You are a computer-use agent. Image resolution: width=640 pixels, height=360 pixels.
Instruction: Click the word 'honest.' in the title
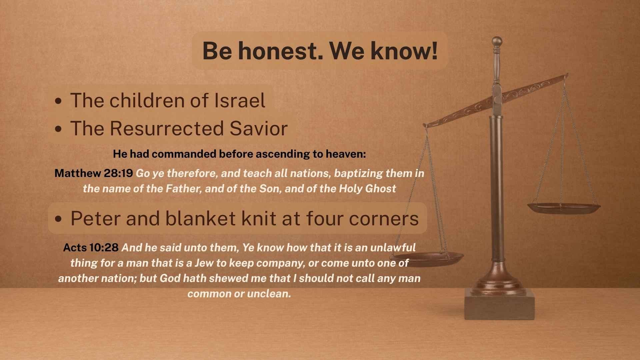280,51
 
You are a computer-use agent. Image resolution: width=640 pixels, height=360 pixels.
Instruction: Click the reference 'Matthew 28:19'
94,173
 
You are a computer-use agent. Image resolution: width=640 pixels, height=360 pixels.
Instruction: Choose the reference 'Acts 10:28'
91,247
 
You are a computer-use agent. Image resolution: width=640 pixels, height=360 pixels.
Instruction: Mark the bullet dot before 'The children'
59,101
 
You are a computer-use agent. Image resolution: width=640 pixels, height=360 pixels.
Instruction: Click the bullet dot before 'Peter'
59,219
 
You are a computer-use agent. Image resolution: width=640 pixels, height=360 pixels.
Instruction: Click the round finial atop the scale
497,42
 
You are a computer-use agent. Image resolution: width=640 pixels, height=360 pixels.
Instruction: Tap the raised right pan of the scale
564,208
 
